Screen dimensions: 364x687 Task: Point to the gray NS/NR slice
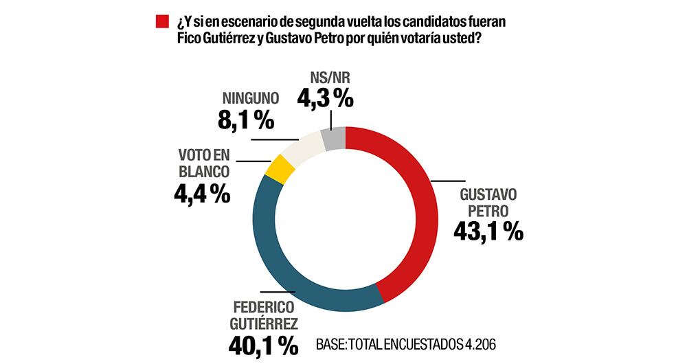333,139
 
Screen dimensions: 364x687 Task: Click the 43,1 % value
488,231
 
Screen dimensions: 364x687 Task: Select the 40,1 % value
264,344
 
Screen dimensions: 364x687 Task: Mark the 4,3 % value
325,100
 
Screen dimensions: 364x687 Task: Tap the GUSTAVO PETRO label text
488,201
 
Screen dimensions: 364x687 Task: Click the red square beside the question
162,21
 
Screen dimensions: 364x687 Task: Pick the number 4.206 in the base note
477,343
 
